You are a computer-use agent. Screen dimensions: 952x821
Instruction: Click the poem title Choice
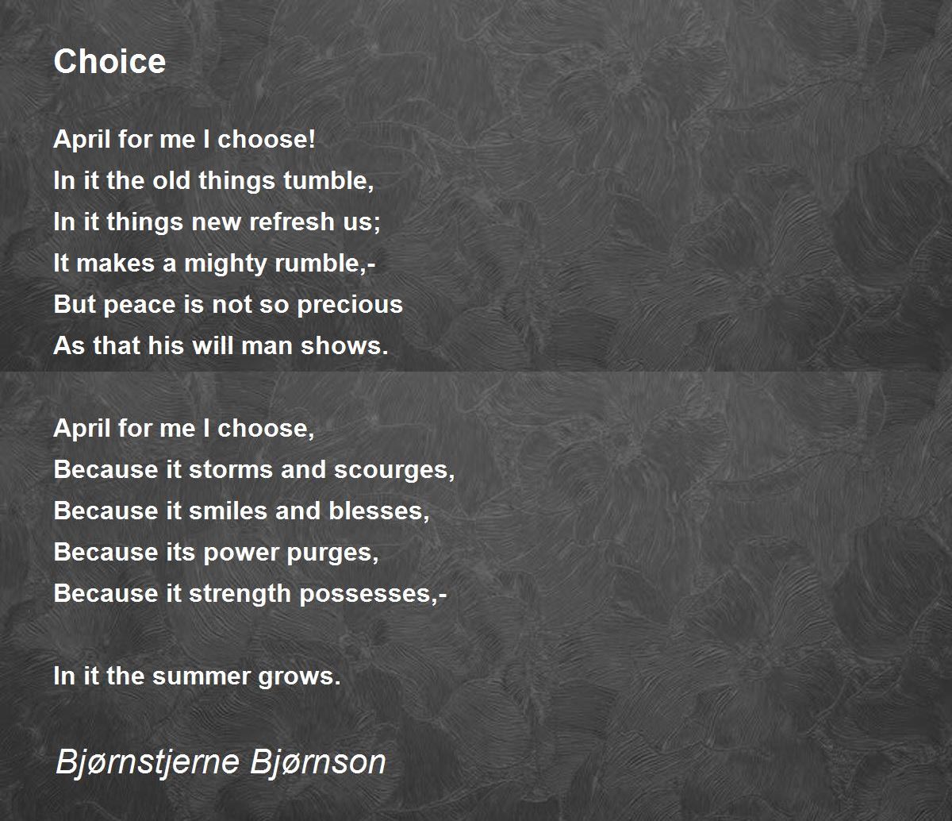(x=109, y=61)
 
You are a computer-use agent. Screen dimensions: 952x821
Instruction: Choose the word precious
(x=350, y=305)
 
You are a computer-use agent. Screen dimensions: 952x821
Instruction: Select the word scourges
(x=391, y=471)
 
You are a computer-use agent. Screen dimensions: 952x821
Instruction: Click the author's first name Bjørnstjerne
(x=148, y=762)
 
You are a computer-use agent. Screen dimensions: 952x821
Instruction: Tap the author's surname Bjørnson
(x=318, y=762)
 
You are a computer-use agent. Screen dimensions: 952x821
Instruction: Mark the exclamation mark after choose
(x=313, y=139)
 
